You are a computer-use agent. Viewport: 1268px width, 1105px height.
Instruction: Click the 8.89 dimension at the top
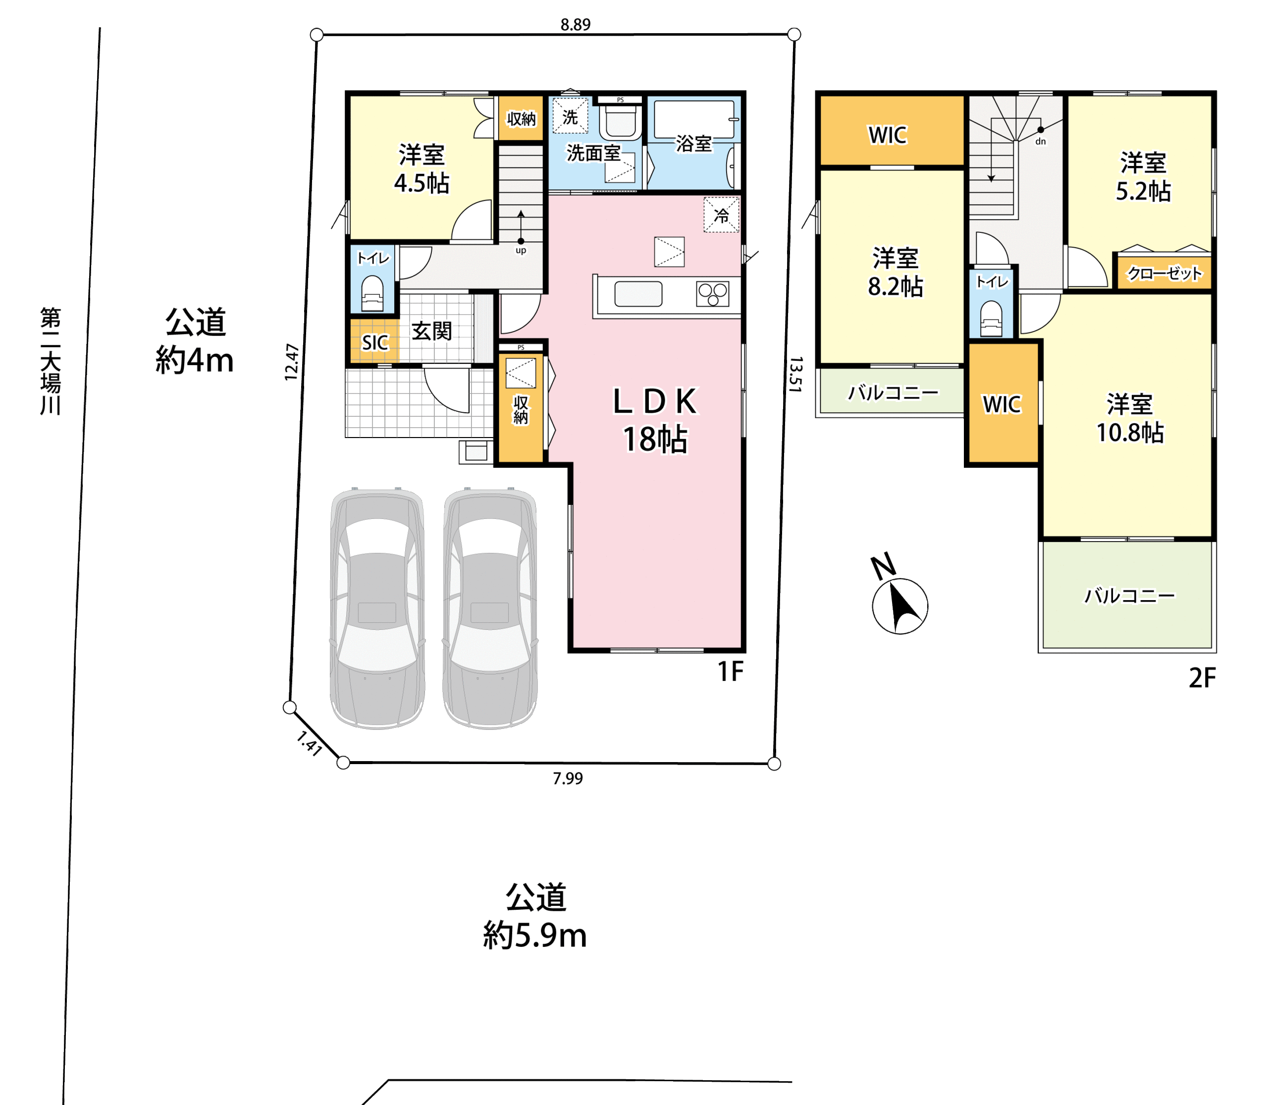pyautogui.click(x=575, y=25)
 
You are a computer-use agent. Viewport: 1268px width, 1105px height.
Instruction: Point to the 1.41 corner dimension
pyautogui.click(x=309, y=744)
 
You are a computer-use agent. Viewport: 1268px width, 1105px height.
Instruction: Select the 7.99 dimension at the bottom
pyautogui.click(x=567, y=779)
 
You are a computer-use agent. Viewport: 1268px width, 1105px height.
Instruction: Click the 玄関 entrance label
pyautogui.click(x=431, y=331)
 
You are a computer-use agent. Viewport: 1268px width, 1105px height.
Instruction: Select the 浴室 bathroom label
pyautogui.click(x=694, y=144)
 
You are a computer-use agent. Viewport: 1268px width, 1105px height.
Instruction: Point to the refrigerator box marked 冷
pyautogui.click(x=721, y=215)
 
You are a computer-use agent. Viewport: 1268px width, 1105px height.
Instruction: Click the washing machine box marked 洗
pyautogui.click(x=570, y=116)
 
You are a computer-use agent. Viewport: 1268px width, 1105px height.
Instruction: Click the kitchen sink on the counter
pyautogui.click(x=638, y=294)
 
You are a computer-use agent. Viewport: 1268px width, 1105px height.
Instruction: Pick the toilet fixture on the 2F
pyautogui.click(x=991, y=318)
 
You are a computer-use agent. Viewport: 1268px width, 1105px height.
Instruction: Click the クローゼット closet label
pyautogui.click(x=1164, y=273)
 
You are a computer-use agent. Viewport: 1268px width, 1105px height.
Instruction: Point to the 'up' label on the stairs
pyautogui.click(x=521, y=250)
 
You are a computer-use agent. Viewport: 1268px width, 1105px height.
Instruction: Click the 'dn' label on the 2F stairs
pyautogui.click(x=1041, y=141)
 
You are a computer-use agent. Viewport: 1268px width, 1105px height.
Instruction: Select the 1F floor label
pyautogui.click(x=731, y=671)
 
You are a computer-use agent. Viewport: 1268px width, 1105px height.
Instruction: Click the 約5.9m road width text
pyautogui.click(x=534, y=936)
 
